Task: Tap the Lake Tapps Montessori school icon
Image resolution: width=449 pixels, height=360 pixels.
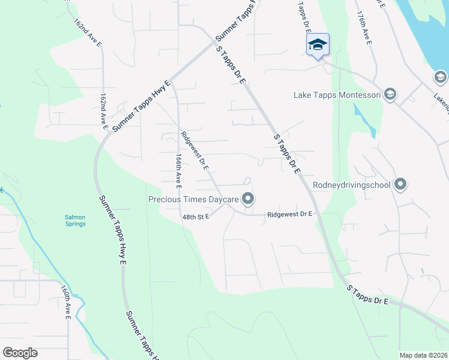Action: [390, 94]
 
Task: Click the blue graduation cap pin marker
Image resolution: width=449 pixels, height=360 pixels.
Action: [318, 45]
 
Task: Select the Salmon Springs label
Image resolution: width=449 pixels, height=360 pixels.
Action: [76, 220]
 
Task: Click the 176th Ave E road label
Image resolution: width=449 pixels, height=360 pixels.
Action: [364, 28]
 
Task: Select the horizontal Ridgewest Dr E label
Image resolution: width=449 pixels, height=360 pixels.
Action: [289, 214]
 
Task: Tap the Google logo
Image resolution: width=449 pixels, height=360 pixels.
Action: [20, 352]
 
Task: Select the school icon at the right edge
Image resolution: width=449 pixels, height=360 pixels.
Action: [440, 77]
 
